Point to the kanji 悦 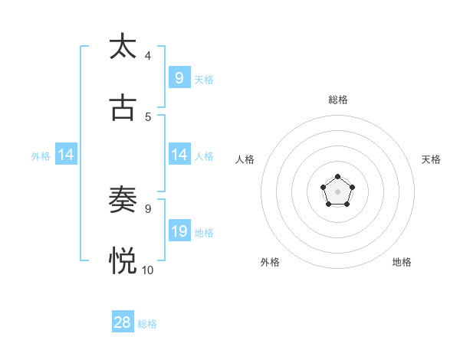point(123,261)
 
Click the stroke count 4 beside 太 point(148,55)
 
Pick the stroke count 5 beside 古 point(148,117)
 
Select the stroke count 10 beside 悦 point(148,270)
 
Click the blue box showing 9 point(179,77)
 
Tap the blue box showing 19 point(179,231)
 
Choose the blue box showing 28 point(123,322)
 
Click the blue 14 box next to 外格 point(66,155)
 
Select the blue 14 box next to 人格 point(179,155)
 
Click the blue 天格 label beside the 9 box point(204,79)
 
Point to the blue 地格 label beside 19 point(204,232)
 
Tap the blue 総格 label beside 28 point(147,324)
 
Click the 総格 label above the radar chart point(338,100)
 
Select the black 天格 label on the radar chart point(431,159)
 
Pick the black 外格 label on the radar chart point(270,262)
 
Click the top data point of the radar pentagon point(337,177)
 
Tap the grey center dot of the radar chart point(337,191)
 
